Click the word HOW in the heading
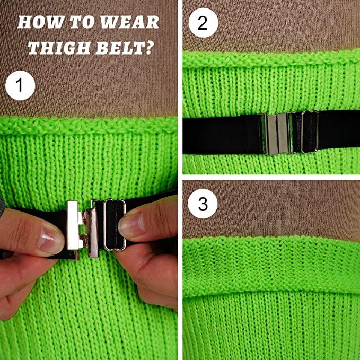(40, 22)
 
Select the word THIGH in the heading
(58, 48)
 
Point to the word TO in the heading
(82, 22)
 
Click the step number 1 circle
(20, 85)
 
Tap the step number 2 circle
(203, 22)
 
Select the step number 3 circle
(203, 204)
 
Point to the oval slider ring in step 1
(115, 225)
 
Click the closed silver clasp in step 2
(277, 133)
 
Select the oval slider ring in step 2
(310, 131)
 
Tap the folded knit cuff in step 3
(271, 266)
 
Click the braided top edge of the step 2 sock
(271, 59)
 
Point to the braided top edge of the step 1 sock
(89, 125)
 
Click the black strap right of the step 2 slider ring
(339, 130)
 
